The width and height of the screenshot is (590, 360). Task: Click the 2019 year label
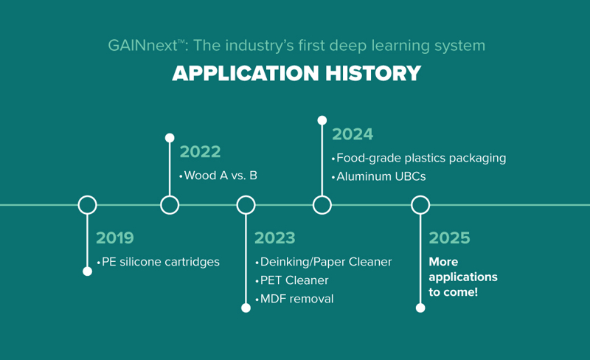[x=115, y=238]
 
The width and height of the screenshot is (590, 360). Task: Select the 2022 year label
[x=200, y=152]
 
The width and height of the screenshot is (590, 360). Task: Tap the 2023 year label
[x=274, y=238]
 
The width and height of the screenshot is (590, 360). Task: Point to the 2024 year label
[x=353, y=134]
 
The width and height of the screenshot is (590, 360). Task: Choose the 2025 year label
[x=449, y=238]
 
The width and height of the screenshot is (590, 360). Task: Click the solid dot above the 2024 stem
[x=322, y=120]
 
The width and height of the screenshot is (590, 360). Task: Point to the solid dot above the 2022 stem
[x=170, y=138]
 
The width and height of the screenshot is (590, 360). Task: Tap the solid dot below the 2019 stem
[x=87, y=271]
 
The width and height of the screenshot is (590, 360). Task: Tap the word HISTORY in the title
[x=373, y=73]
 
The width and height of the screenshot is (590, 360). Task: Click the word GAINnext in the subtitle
[x=142, y=46]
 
